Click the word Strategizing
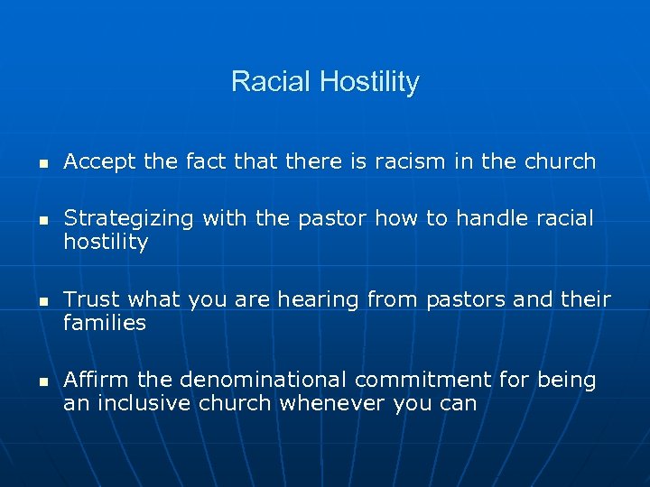tap(129, 219)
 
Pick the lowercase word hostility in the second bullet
tap(106, 243)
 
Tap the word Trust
tap(92, 299)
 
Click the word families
tap(105, 323)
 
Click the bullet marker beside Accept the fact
tap(30, 164)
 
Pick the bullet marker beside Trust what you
tap(30, 301)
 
